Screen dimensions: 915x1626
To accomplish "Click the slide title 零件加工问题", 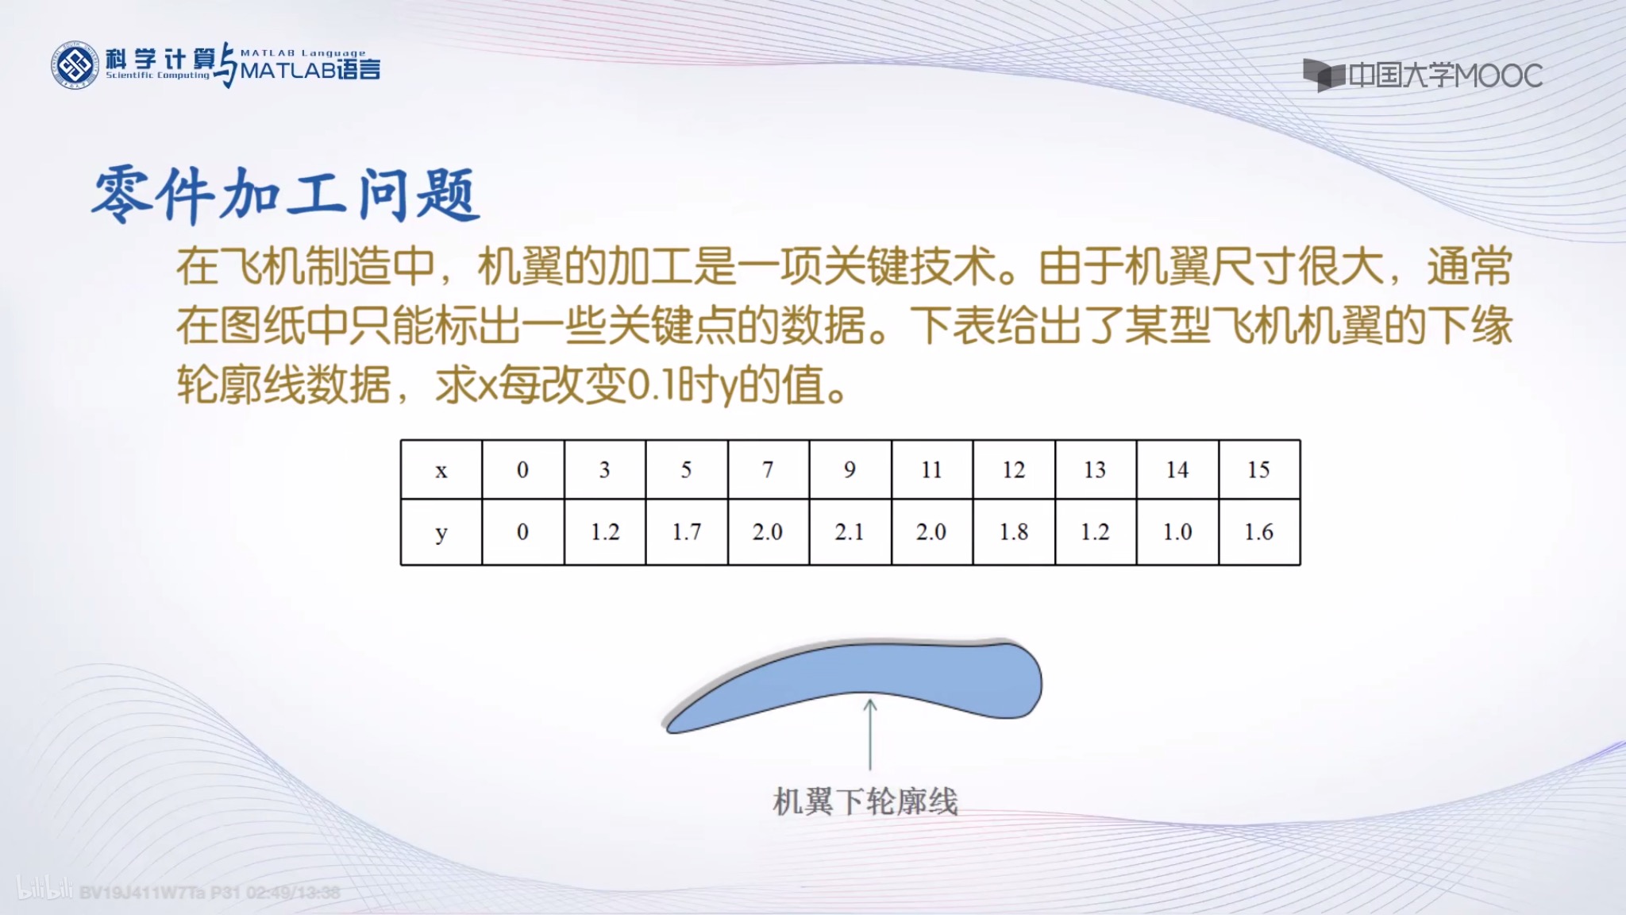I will click(x=286, y=194).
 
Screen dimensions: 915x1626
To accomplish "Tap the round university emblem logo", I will click(x=75, y=65).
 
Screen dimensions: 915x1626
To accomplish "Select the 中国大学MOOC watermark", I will click(x=1423, y=75).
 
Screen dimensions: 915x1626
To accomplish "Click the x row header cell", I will click(x=441, y=469).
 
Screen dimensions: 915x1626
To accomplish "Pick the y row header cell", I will click(x=441, y=532).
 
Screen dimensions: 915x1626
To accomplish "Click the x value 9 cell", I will click(x=850, y=469).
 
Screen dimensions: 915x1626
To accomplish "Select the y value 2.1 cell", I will click(x=850, y=532).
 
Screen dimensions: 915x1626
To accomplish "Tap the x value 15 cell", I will click(x=1258, y=469).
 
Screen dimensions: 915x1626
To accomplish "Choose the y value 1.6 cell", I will click(x=1258, y=532).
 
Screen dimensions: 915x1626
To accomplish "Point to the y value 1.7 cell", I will click(x=686, y=532).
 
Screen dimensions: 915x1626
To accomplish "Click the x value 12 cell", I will click(x=1013, y=469).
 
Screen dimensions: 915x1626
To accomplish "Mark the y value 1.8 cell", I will click(x=1013, y=532).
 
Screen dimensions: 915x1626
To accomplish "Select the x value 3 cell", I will click(x=604, y=469).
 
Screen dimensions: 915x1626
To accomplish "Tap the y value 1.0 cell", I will click(x=1177, y=532).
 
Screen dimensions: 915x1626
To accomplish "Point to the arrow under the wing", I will click(x=870, y=735).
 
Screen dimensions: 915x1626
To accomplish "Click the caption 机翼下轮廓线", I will click(x=865, y=801).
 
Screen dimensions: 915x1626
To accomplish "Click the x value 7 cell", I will click(x=768, y=469).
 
